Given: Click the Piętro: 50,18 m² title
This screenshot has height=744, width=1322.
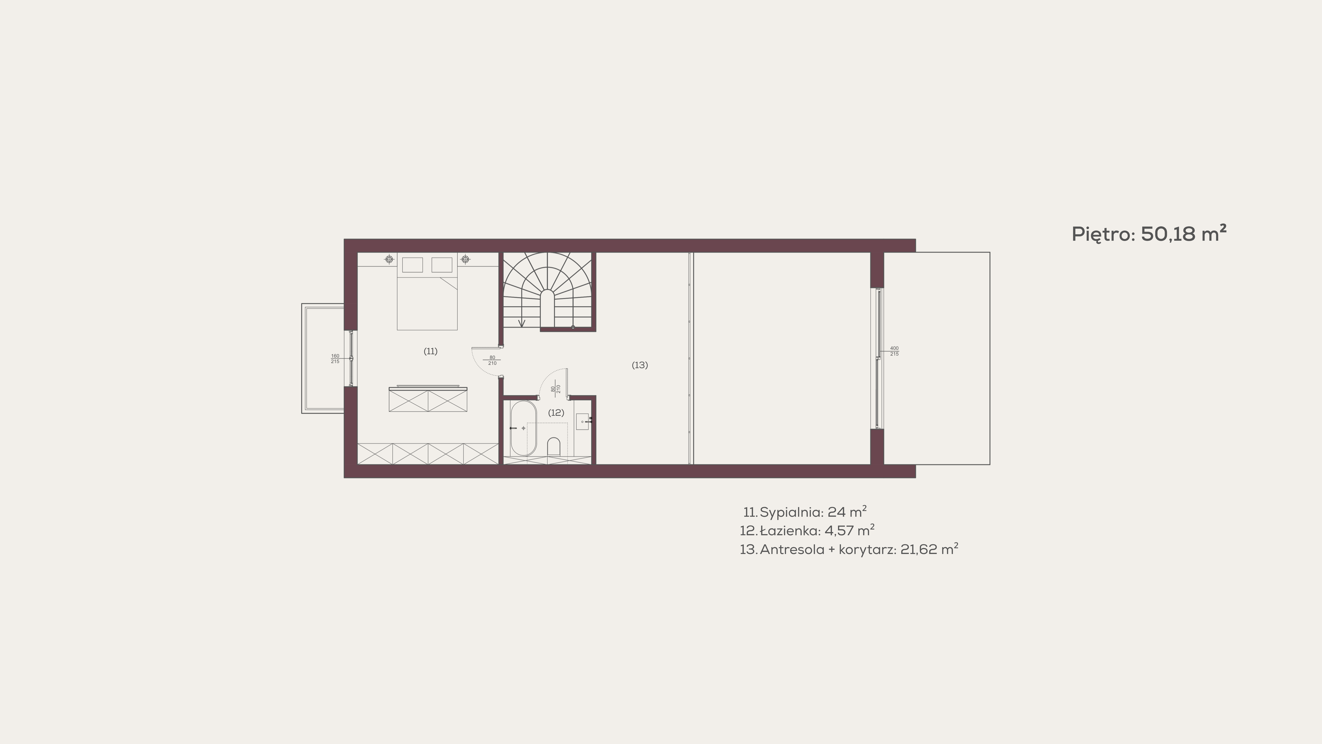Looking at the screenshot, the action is tap(1149, 234).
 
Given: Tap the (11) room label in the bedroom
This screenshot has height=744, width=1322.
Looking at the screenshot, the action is tap(431, 351).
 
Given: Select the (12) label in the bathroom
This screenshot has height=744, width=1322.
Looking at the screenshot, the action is tap(556, 412).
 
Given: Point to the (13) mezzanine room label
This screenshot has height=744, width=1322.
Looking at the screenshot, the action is tap(639, 365).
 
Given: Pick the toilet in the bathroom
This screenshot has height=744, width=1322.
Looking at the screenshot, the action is tap(553, 446).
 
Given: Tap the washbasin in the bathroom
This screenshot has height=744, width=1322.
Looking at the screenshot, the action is tap(583, 421).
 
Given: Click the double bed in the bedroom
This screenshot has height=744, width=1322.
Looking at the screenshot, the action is tap(427, 291).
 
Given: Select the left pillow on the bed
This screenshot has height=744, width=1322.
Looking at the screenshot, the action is tap(412, 265).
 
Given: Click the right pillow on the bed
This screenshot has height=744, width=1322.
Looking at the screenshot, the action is tap(442, 265).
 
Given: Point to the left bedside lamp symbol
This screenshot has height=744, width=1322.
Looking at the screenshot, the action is tap(390, 259).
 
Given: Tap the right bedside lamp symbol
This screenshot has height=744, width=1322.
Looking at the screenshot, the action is tap(465, 259).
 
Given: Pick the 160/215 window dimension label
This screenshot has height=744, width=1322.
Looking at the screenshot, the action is tap(335, 358).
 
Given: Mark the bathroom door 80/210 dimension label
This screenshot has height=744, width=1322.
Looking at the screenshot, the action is tap(555, 389).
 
